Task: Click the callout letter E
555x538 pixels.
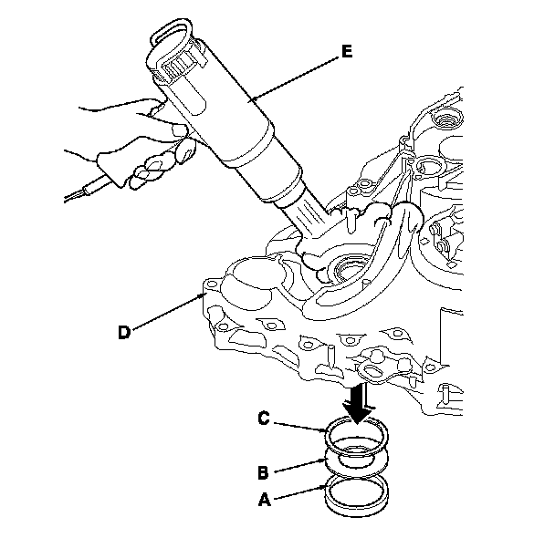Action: point(347,52)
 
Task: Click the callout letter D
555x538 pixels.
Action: point(124,333)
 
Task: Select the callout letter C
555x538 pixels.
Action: point(264,418)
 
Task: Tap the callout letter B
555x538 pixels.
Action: point(263,473)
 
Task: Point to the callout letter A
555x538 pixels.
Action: point(265,500)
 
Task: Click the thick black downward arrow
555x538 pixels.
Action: point(358,403)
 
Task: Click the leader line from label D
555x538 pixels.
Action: point(167,312)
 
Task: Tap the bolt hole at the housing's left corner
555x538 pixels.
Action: point(212,284)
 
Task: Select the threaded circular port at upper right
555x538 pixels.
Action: point(448,120)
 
